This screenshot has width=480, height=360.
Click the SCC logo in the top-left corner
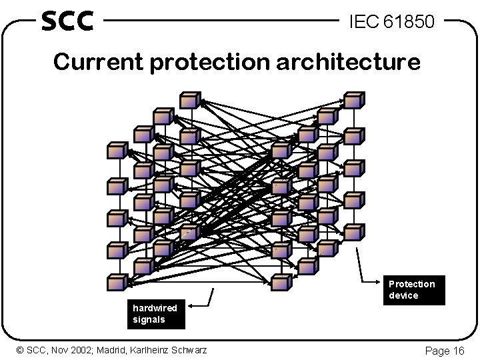[67, 21]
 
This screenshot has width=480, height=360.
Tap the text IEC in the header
[364, 23]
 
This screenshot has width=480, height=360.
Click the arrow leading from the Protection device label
[363, 267]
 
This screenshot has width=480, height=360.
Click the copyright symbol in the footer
[20, 350]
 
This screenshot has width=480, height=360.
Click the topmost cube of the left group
[191, 100]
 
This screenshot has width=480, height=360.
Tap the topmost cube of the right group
[353, 101]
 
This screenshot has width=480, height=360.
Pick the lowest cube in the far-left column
[117, 283]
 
